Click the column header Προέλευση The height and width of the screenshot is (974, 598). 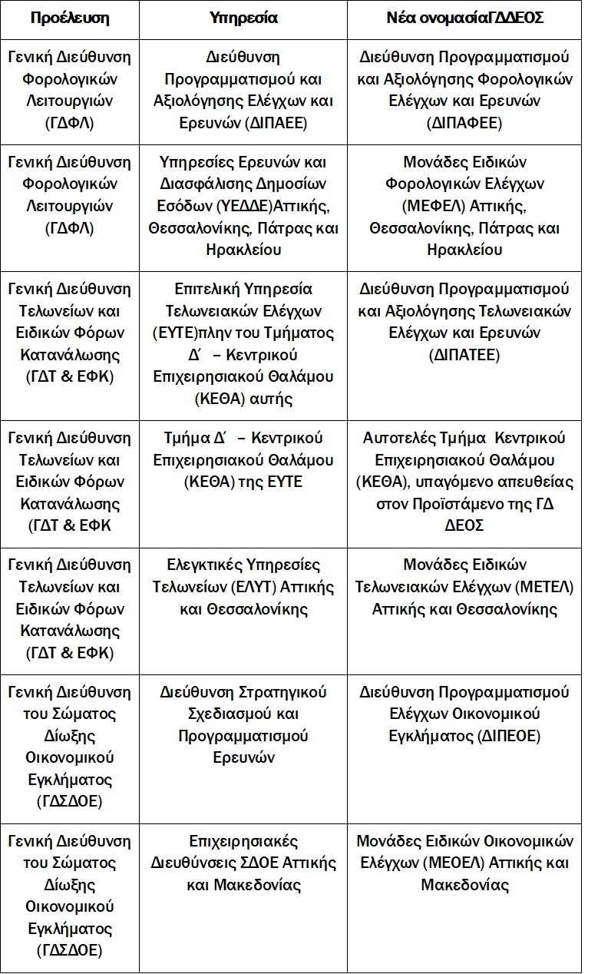[x=69, y=18]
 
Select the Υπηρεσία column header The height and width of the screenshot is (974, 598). [x=243, y=18]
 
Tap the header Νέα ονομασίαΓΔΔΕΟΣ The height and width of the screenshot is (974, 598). [x=464, y=18]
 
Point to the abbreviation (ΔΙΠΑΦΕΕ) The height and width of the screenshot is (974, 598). [x=464, y=123]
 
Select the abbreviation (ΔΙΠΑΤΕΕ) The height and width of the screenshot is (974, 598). [x=464, y=355]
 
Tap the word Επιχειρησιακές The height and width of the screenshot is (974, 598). [x=243, y=840]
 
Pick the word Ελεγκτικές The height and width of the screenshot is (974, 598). [x=206, y=565]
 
